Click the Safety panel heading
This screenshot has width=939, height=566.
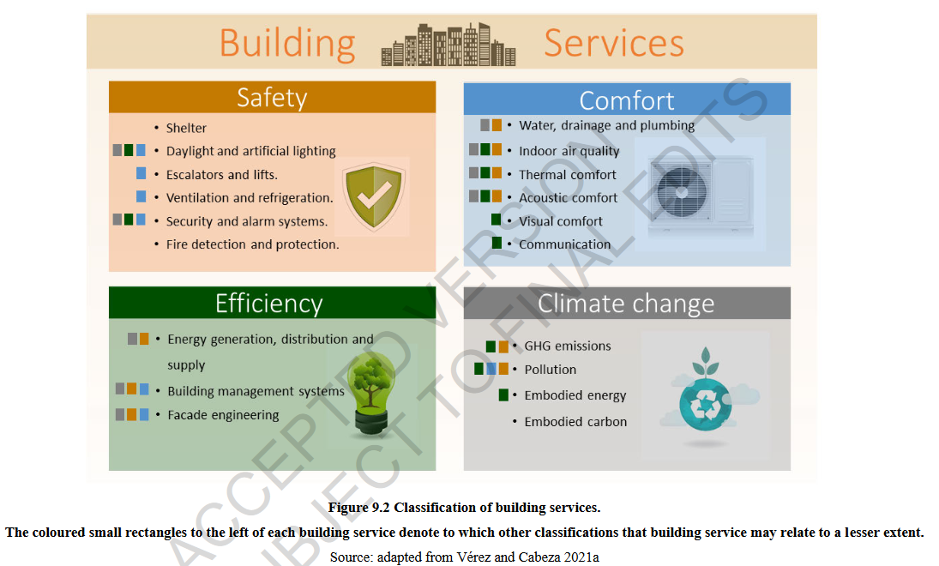(272, 97)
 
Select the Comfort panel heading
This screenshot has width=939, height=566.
(626, 100)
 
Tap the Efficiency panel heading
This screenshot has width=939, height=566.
(269, 304)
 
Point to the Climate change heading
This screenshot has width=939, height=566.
(626, 304)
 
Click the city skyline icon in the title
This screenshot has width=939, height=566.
(448, 45)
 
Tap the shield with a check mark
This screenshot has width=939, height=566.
(374, 196)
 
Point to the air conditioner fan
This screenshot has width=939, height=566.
(682, 191)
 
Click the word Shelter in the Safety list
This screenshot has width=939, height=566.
(186, 128)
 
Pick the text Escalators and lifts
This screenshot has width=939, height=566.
(221, 175)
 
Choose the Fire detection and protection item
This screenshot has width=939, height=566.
(252, 244)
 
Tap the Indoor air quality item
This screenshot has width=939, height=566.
(569, 151)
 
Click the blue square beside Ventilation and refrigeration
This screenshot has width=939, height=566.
(141, 196)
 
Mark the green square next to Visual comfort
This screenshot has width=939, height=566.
(497, 220)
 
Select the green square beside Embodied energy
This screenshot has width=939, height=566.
(503, 394)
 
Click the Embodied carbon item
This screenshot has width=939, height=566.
(575, 422)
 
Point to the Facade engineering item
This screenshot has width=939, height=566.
(223, 415)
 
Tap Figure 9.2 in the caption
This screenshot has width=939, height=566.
(358, 508)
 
